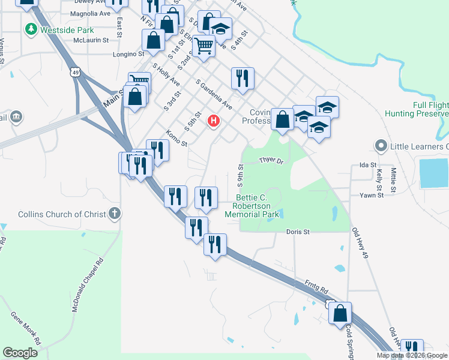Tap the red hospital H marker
213,121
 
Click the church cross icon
115,213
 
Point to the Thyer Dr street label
271,160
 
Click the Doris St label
297,231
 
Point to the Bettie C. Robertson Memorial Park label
257,206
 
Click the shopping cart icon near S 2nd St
204,44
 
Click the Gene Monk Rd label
25,328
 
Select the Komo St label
176,139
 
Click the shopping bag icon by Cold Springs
340,313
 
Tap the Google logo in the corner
20,352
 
